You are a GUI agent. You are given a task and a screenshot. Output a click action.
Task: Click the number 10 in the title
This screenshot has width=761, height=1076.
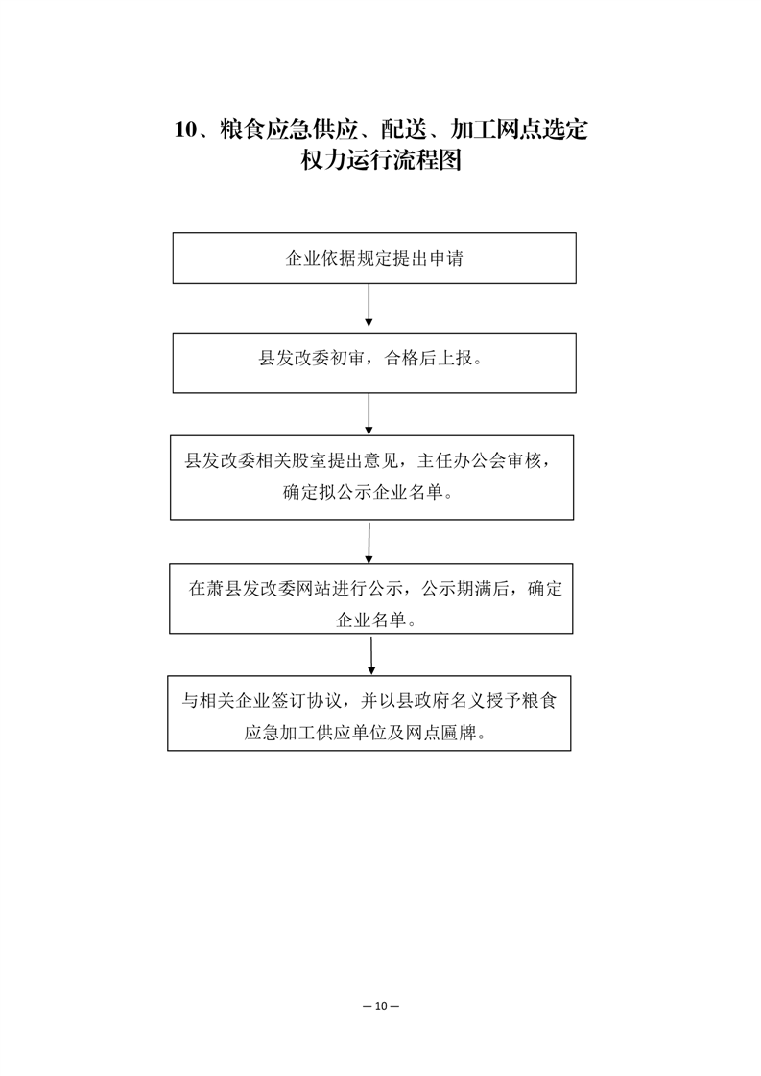click(185, 129)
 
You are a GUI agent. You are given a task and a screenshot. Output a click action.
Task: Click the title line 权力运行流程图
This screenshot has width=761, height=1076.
click(381, 160)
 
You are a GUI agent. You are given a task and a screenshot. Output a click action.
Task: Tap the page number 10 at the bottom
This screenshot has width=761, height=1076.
click(381, 1006)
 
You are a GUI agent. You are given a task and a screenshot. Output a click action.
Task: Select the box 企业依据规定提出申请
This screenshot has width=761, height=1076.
click(374, 258)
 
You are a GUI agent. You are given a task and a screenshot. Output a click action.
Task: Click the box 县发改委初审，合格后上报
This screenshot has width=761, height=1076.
click(374, 363)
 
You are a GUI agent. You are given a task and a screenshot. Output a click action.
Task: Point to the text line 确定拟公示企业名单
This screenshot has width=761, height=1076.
click(369, 493)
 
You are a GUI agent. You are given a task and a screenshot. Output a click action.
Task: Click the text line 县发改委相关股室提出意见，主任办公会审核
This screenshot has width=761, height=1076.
click(369, 460)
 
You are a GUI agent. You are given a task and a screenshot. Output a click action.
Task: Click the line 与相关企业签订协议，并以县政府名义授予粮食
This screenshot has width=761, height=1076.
click(369, 701)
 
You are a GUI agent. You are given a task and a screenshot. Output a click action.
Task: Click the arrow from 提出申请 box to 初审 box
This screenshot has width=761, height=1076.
click(369, 305)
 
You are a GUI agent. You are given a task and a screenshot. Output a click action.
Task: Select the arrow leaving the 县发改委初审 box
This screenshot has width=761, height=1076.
click(369, 413)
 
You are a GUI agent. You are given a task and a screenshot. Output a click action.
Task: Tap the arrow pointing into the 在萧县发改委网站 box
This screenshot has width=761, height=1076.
click(369, 543)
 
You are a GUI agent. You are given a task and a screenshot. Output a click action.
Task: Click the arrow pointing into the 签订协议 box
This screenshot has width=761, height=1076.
click(371, 656)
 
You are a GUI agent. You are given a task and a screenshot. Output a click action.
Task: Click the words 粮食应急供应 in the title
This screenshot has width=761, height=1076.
click(289, 129)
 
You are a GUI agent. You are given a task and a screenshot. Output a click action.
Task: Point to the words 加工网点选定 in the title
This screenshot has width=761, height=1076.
click(519, 129)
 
